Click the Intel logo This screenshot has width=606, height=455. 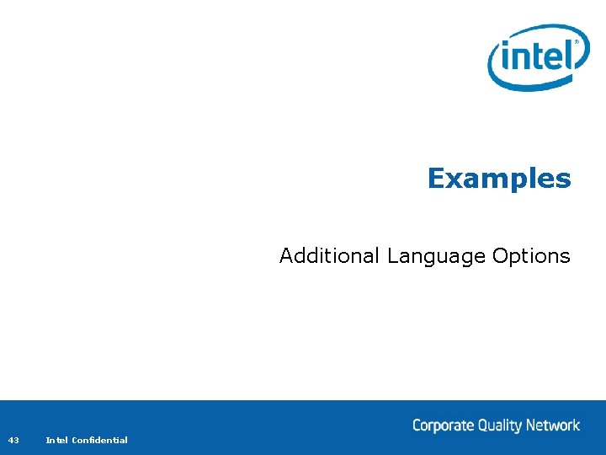[539, 57]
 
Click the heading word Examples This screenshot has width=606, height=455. [499, 179]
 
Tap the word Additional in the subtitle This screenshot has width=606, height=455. [330, 255]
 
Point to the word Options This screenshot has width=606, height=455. [531, 256]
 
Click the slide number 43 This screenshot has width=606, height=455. [13, 440]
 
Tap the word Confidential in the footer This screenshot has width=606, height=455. [100, 440]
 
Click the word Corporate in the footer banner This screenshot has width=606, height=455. [443, 426]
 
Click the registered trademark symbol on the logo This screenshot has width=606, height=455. [577, 40]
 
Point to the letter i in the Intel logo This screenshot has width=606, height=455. [505, 60]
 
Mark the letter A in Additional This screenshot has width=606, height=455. [287, 255]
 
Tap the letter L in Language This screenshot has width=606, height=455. [391, 255]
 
